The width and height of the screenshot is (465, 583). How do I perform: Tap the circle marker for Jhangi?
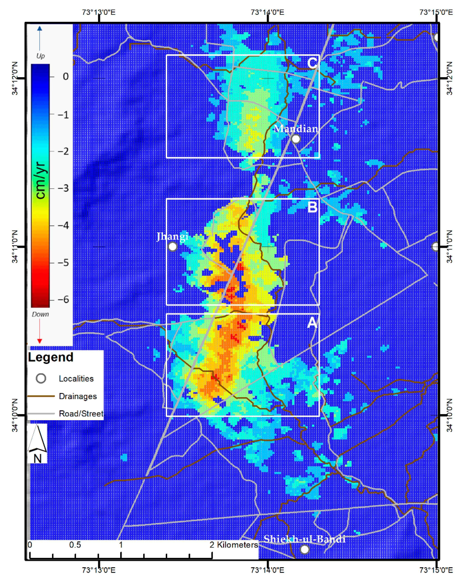[x=173, y=246]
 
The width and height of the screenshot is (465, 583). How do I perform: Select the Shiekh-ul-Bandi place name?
[x=304, y=539]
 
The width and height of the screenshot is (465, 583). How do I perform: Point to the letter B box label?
[x=312, y=207]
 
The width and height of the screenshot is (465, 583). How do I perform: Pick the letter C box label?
[x=312, y=63]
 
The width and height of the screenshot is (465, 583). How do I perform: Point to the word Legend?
[x=51, y=357]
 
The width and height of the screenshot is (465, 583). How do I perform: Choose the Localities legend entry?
[x=76, y=379]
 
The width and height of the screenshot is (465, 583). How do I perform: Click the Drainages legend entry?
[x=78, y=396]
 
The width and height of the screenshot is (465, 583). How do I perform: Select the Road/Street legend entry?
[x=81, y=414]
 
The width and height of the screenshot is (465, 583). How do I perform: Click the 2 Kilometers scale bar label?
[x=234, y=545]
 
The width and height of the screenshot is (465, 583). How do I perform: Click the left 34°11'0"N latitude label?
[x=15, y=246]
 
